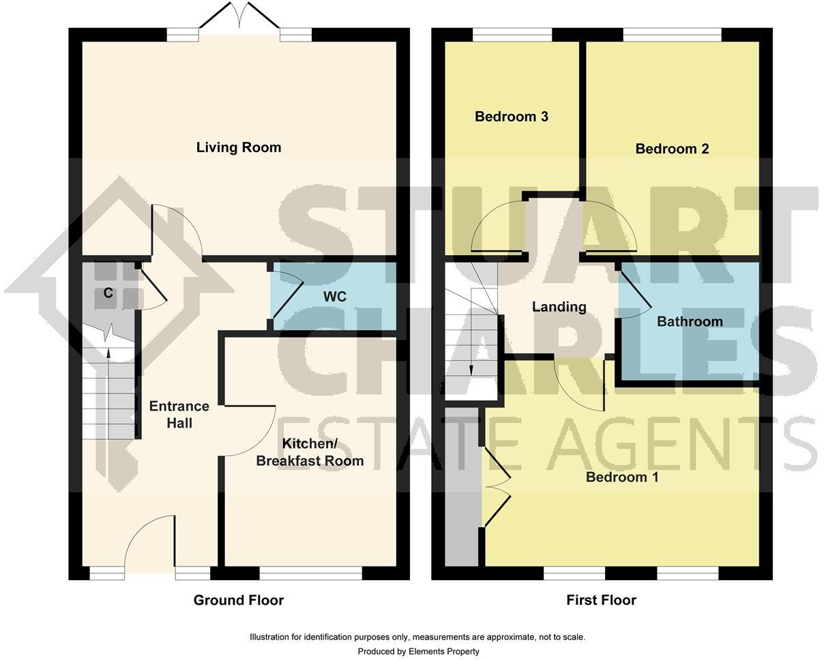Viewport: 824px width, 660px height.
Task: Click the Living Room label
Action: click(238, 147)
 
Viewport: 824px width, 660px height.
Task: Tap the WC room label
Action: click(334, 297)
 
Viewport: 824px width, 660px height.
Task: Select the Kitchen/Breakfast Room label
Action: click(310, 452)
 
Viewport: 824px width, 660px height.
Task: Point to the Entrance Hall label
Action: click(179, 415)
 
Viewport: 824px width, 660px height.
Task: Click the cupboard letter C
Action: click(108, 293)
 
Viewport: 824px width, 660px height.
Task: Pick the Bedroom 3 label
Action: click(511, 117)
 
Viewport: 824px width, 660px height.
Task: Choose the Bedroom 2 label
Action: click(671, 149)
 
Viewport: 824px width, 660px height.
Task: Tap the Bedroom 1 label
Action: click(621, 477)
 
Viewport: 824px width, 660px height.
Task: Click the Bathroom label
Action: click(689, 321)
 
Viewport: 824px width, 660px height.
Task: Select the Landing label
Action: click(559, 307)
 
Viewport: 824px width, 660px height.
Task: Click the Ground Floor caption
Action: click(238, 600)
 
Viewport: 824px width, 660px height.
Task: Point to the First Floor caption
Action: click(601, 600)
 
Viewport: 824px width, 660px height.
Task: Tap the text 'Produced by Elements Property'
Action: click(418, 651)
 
